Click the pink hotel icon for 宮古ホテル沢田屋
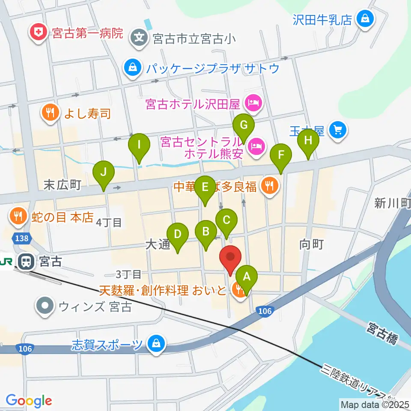pyautogui.click(x=253, y=103)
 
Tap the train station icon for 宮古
pyautogui.click(x=26, y=261)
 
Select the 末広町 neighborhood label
pyautogui.click(x=63, y=185)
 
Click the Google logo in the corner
pyautogui.click(x=29, y=401)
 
